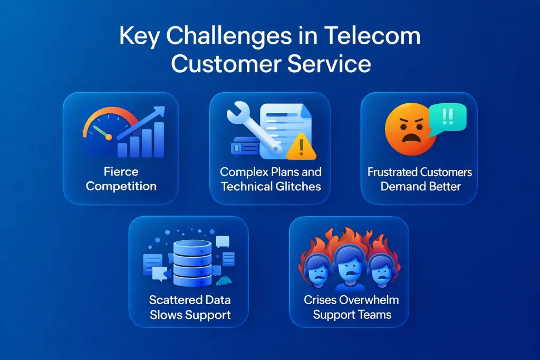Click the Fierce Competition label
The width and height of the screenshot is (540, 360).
(x=121, y=179)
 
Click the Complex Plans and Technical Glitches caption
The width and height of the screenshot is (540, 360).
(x=271, y=179)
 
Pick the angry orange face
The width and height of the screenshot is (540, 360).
(x=407, y=130)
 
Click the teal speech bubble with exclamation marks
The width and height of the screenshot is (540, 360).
(x=448, y=116)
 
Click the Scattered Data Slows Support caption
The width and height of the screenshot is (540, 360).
(x=189, y=308)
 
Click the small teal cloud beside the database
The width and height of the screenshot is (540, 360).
(x=224, y=280)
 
